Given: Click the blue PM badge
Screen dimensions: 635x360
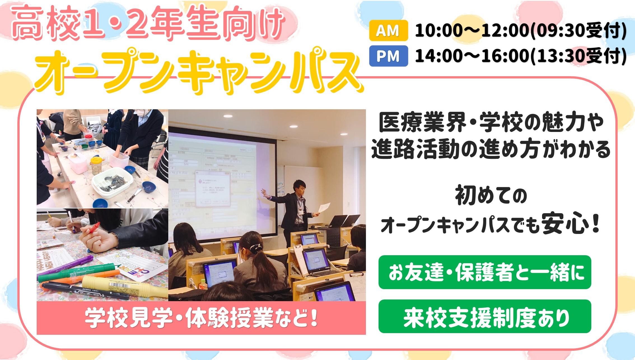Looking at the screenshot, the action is point(388,56).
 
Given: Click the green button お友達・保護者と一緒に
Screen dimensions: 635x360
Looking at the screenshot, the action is point(485,272).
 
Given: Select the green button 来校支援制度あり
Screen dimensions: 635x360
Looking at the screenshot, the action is point(485,316).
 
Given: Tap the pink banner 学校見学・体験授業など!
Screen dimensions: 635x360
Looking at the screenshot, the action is point(201,318).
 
